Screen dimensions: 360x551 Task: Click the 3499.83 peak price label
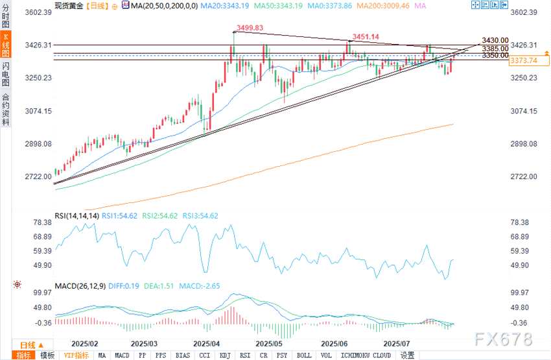point(249,28)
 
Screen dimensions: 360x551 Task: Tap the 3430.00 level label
point(495,40)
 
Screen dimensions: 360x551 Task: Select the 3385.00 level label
point(495,48)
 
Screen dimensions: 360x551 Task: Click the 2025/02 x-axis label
point(86,342)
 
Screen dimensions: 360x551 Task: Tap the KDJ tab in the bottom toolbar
point(225,355)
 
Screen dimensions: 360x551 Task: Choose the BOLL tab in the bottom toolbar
point(303,355)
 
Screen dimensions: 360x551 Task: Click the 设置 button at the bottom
point(407,355)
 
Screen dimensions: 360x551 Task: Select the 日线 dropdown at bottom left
point(31,344)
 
